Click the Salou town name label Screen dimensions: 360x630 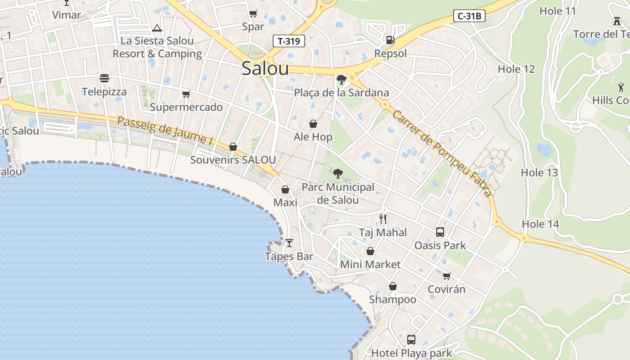click(265, 68)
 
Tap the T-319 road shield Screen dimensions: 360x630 click(289, 41)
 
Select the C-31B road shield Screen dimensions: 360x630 click(469, 16)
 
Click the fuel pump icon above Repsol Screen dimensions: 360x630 click(390, 40)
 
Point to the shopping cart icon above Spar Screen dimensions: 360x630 click(253, 13)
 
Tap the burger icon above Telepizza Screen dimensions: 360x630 click(104, 78)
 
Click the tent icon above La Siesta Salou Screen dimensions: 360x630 click(157, 28)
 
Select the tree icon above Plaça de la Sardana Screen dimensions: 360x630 click(341, 80)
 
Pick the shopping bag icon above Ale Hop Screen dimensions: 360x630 click(313, 123)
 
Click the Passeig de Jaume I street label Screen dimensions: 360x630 click(165, 130)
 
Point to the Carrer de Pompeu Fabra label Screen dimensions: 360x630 click(441, 153)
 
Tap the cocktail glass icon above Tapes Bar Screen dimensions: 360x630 click(289, 243)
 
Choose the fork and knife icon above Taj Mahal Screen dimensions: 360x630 click(383, 219)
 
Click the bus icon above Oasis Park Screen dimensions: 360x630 click(440, 232)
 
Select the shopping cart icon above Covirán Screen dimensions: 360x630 click(446, 276)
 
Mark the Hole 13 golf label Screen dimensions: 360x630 click(539, 172)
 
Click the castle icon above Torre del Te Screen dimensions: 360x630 click(616, 21)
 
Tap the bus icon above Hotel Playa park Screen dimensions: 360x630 click(411, 339)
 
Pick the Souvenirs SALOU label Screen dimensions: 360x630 click(233, 160)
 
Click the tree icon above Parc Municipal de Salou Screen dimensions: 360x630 click(337, 173)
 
